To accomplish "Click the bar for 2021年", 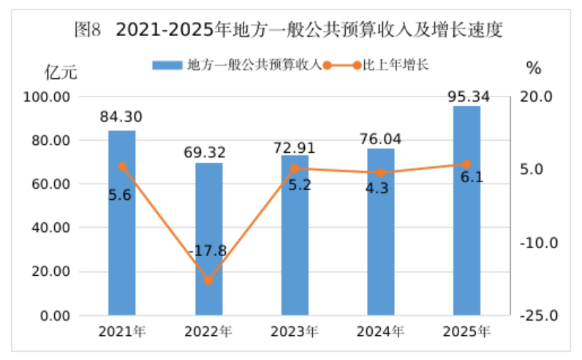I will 122,223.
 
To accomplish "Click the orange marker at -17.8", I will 208,280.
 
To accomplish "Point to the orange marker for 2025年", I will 466,164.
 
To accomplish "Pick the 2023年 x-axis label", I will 294,331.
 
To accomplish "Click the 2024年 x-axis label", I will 380,331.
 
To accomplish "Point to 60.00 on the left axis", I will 49,184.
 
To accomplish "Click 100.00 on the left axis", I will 46,97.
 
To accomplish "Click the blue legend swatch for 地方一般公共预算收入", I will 168,65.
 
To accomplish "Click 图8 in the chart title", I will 89,31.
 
